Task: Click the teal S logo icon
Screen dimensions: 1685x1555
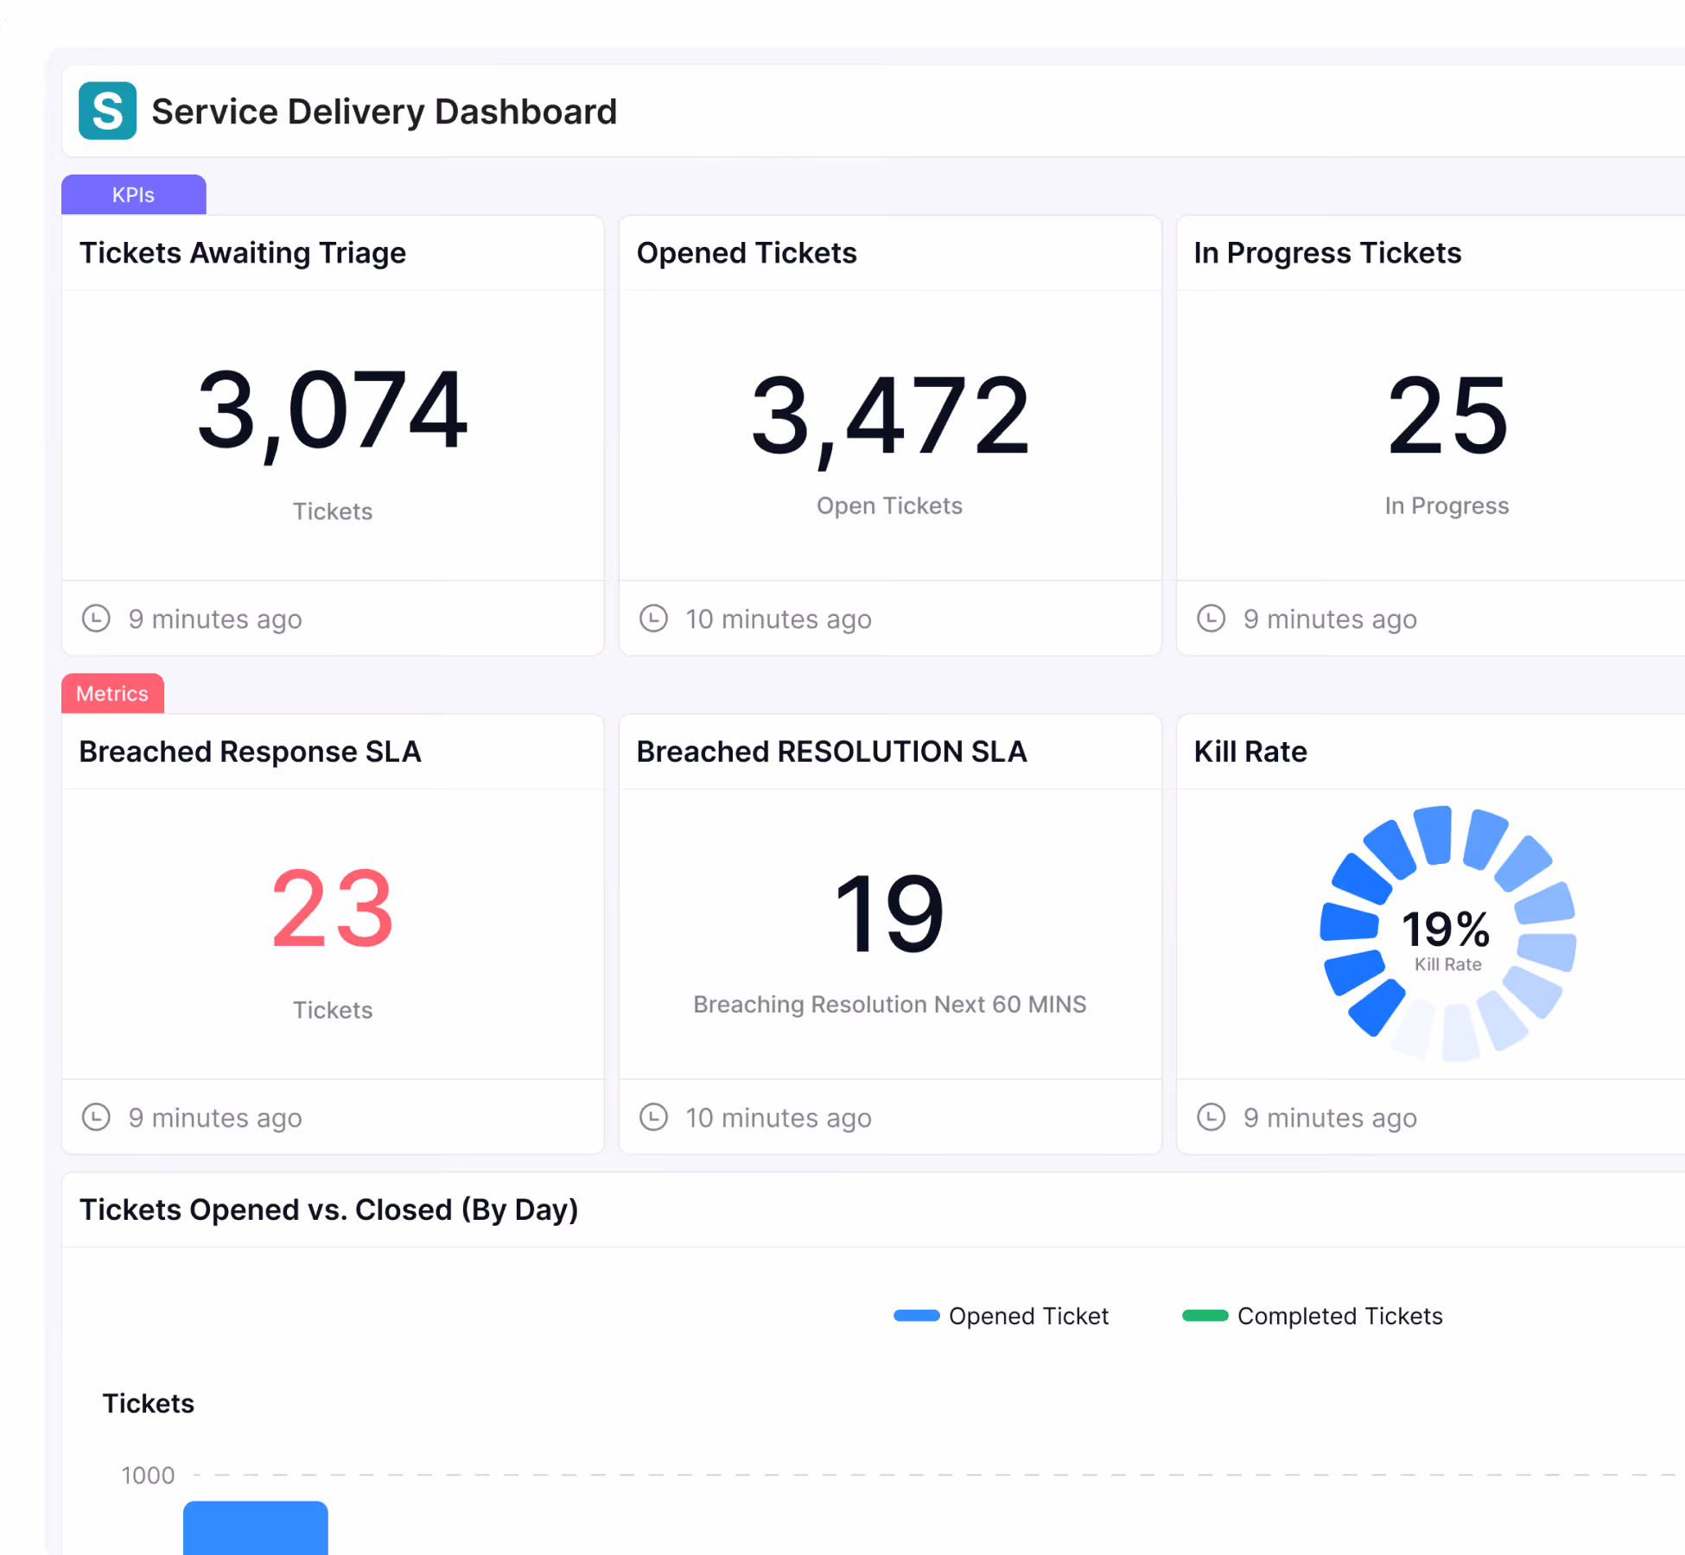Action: click(107, 111)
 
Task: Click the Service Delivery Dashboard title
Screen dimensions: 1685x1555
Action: click(385, 111)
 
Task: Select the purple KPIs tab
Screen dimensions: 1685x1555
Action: click(134, 194)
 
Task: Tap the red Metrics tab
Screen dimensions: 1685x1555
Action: click(112, 694)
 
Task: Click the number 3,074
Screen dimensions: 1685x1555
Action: click(333, 411)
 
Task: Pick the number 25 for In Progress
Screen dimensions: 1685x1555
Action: click(1447, 416)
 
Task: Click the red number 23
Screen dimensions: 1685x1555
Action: click(333, 909)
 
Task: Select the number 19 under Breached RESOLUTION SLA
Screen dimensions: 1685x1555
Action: click(890, 913)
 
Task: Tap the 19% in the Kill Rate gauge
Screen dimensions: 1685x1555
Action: click(1447, 929)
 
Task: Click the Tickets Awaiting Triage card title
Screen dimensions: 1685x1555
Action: click(243, 253)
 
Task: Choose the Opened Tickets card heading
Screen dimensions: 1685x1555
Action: click(747, 253)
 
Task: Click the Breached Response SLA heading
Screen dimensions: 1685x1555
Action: click(251, 752)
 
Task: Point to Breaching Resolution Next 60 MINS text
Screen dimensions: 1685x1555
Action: click(890, 1004)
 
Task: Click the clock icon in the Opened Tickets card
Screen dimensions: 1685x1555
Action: click(653, 619)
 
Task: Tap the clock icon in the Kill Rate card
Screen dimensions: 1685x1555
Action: click(1211, 1117)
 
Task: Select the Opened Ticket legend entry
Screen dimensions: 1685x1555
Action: click(1001, 1316)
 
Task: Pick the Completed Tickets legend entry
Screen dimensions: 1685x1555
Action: click(1313, 1316)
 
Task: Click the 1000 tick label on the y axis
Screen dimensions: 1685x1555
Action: click(148, 1476)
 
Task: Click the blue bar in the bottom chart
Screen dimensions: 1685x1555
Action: click(256, 1527)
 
